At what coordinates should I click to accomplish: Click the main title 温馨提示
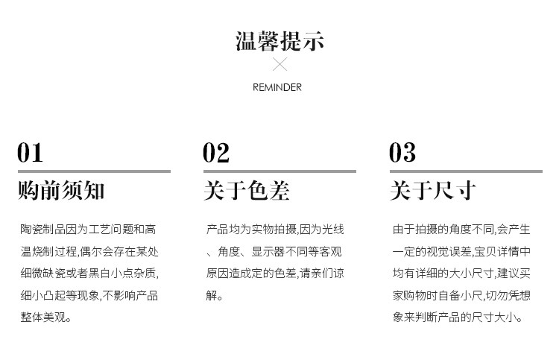pyautogui.click(x=279, y=40)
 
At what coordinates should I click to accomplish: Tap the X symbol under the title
pyautogui.click(x=279, y=65)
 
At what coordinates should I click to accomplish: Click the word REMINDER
pyautogui.click(x=277, y=87)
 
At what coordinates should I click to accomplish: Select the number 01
pyautogui.click(x=30, y=153)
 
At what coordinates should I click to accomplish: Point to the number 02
pyautogui.click(x=216, y=153)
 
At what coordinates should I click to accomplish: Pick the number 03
pyautogui.click(x=402, y=153)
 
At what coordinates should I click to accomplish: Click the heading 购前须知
pyautogui.click(x=61, y=191)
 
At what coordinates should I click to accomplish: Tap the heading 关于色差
pyautogui.click(x=247, y=191)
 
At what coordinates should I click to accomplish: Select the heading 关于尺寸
pyautogui.click(x=433, y=191)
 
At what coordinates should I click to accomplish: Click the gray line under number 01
pyautogui.click(x=94, y=171)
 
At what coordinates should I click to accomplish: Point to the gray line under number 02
pyautogui.click(x=279, y=171)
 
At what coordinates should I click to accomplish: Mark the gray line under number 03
pyautogui.click(x=466, y=171)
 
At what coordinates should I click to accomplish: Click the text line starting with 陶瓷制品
pyautogui.click(x=89, y=229)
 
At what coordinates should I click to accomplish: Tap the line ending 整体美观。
pyautogui.click(x=46, y=318)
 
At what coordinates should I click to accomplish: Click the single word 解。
pyautogui.click(x=215, y=296)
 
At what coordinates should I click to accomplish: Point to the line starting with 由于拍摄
pyautogui.click(x=461, y=229)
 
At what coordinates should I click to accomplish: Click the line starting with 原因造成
pyautogui.click(x=275, y=274)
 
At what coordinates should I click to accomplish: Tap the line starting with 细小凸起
pyautogui.click(x=89, y=295)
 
